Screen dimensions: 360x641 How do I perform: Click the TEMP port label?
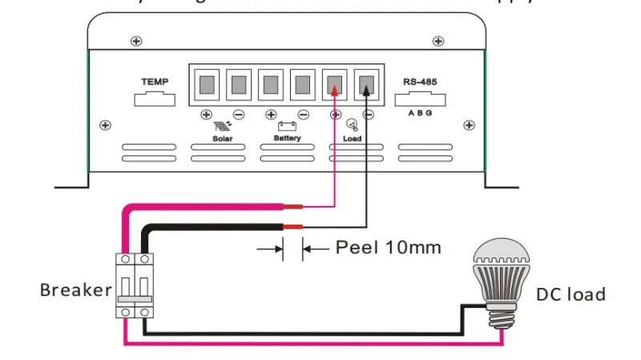click(155, 82)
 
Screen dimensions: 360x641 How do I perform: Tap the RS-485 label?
click(421, 82)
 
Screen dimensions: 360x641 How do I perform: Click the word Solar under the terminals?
click(222, 138)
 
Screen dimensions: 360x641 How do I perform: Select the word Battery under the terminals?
click(287, 138)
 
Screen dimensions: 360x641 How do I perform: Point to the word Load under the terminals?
click(352, 138)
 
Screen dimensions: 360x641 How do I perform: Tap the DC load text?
click(570, 294)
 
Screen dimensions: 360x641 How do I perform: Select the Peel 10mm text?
click(388, 247)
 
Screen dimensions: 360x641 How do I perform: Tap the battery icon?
click(287, 126)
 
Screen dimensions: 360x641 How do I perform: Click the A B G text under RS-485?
click(420, 113)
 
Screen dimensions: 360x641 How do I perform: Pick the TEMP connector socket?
click(155, 99)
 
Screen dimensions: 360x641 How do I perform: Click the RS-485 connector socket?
click(420, 99)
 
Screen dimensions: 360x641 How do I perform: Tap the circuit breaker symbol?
click(135, 285)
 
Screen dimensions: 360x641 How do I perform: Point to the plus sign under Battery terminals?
click(271, 115)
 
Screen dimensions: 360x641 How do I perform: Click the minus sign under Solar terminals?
click(239, 115)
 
